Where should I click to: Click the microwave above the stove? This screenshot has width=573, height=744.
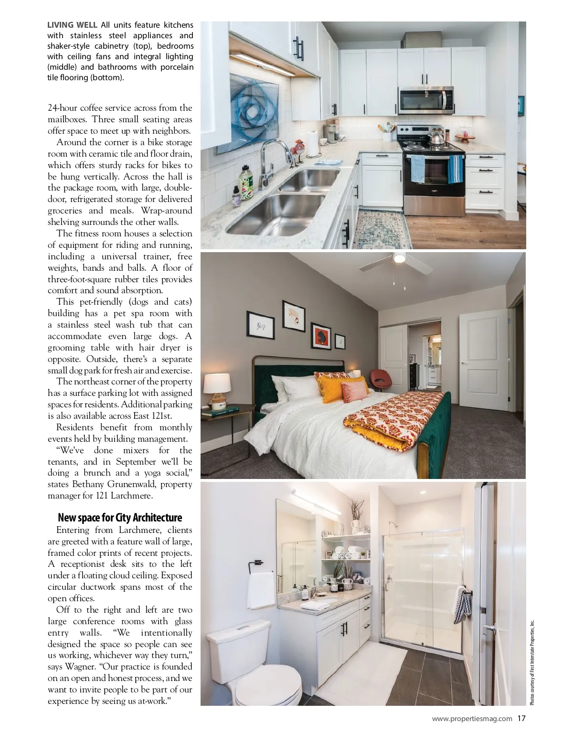click(x=425, y=99)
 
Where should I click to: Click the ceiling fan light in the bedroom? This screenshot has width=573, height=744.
click(x=399, y=258)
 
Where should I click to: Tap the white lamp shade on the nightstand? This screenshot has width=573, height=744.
click(x=217, y=383)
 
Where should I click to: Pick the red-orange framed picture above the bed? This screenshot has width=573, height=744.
click(x=320, y=336)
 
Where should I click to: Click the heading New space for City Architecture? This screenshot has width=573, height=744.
click(x=120, y=518)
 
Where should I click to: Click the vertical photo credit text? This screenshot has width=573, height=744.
click(x=532, y=661)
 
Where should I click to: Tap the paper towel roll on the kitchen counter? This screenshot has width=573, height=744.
click(x=312, y=144)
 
